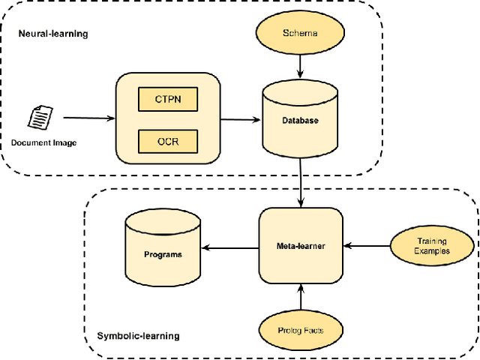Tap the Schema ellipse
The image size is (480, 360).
[x=300, y=34]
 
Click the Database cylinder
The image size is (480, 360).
[x=300, y=120]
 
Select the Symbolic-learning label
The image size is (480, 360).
[x=139, y=336]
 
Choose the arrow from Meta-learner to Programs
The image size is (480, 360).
[x=231, y=247]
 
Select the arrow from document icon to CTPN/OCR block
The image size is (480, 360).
[x=88, y=118]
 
